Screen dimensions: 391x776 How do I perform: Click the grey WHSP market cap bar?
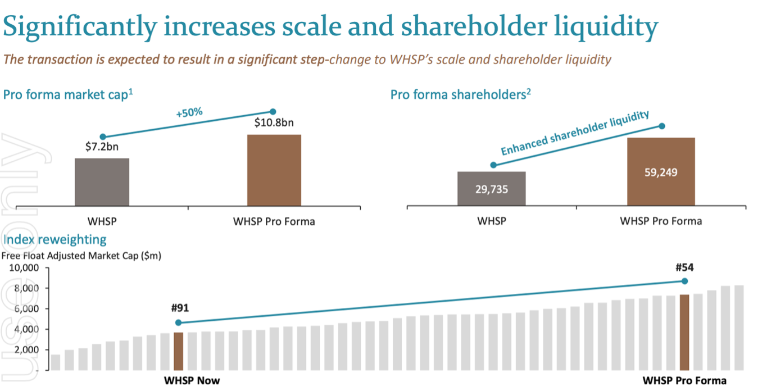[102, 182]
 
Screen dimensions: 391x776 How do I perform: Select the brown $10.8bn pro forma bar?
[274, 170]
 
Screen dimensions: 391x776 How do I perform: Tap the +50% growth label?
[189, 113]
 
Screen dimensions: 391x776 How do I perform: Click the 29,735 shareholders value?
[491, 189]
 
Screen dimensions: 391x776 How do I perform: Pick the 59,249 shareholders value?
[661, 172]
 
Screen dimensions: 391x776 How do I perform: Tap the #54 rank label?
[684, 267]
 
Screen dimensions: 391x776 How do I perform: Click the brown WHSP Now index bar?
[178, 351]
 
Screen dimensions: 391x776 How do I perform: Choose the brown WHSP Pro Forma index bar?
[684, 332]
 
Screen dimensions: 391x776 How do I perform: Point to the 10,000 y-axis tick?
[25, 268]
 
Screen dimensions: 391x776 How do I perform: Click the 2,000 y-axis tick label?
[26, 350]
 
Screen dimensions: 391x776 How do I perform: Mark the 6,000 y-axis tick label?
[26, 309]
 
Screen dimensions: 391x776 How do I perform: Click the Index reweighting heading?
[55, 240]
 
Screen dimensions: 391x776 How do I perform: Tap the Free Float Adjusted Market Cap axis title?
[81, 256]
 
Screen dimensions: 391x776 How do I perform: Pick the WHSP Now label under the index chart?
[192, 380]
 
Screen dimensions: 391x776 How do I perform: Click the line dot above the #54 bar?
[684, 281]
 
